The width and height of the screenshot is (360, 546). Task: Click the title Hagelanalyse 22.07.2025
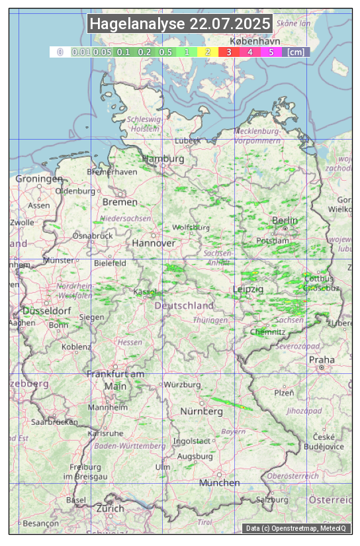[x=180, y=24]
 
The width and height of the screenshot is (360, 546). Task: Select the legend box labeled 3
[x=228, y=52]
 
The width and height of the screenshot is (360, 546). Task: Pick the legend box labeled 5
[x=271, y=52]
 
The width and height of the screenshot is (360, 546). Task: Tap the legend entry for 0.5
[x=165, y=52]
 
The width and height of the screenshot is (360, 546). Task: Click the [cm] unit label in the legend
[x=296, y=52]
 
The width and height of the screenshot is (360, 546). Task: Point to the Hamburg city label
[x=163, y=159]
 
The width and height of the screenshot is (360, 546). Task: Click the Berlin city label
[x=285, y=220]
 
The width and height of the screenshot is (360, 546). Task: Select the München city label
[x=219, y=483]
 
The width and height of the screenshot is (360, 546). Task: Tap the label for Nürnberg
[x=202, y=412]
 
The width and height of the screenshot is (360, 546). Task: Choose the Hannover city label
[x=154, y=243]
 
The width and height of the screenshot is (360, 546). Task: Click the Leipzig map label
[x=248, y=289]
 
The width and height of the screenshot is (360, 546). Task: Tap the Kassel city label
[x=144, y=291]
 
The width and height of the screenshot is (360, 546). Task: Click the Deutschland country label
[x=184, y=306]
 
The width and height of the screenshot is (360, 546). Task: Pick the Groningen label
[x=39, y=179]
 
